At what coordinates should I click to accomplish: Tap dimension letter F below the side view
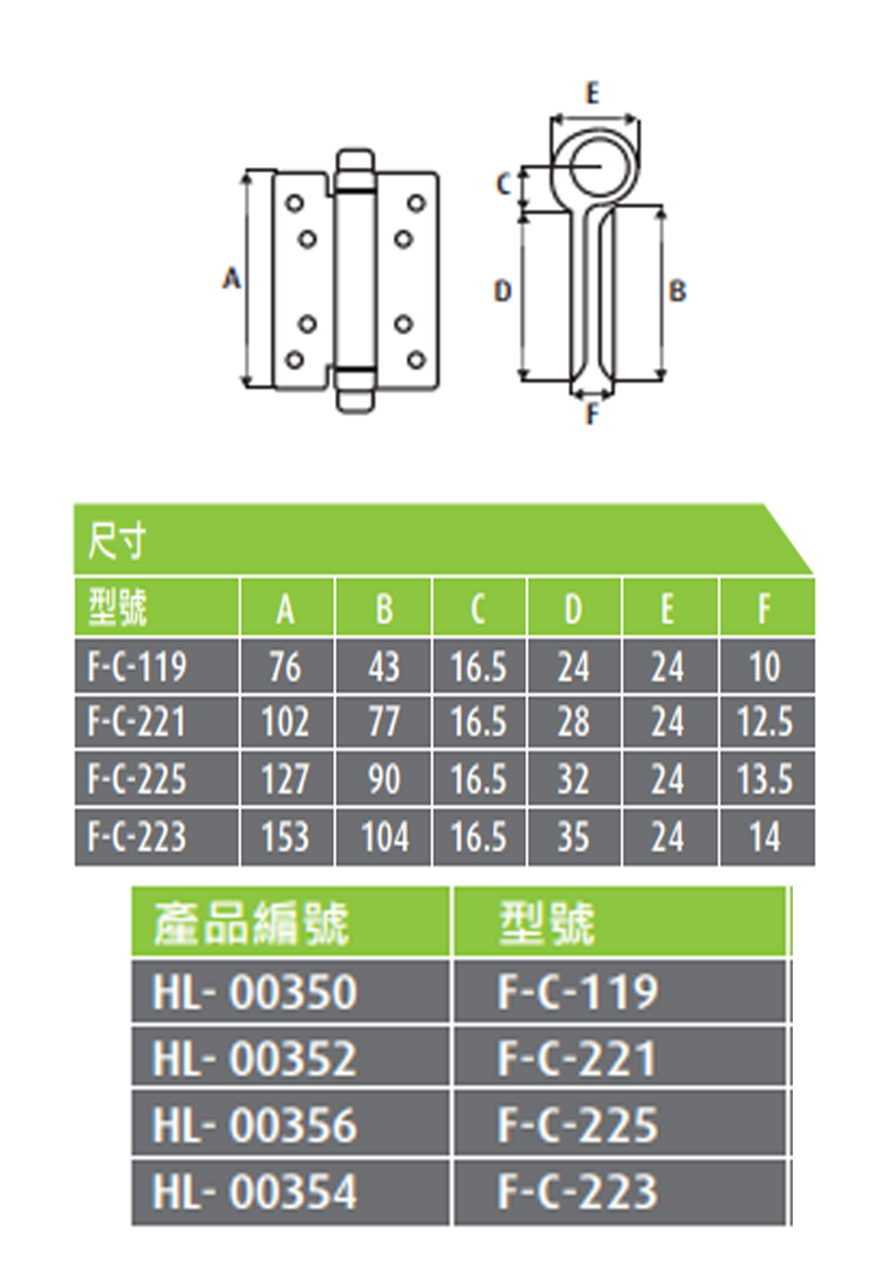pyautogui.click(x=592, y=413)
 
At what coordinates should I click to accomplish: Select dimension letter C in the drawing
pyautogui.click(x=504, y=184)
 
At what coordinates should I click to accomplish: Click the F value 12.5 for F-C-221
pyautogui.click(x=765, y=722)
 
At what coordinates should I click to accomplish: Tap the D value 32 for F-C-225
pyautogui.click(x=574, y=779)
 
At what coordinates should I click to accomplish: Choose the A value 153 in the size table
pyautogui.click(x=286, y=836)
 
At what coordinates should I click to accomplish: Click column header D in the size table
pyautogui.click(x=574, y=609)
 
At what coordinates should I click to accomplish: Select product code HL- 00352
pyautogui.click(x=255, y=1058)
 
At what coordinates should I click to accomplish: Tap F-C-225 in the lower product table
pyautogui.click(x=577, y=1124)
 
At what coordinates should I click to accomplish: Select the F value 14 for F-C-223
pyautogui.click(x=765, y=836)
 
